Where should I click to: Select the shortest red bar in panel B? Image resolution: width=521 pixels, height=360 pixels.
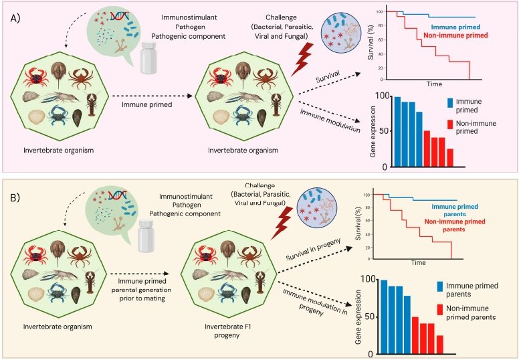pyautogui.click(x=459, y=344)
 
